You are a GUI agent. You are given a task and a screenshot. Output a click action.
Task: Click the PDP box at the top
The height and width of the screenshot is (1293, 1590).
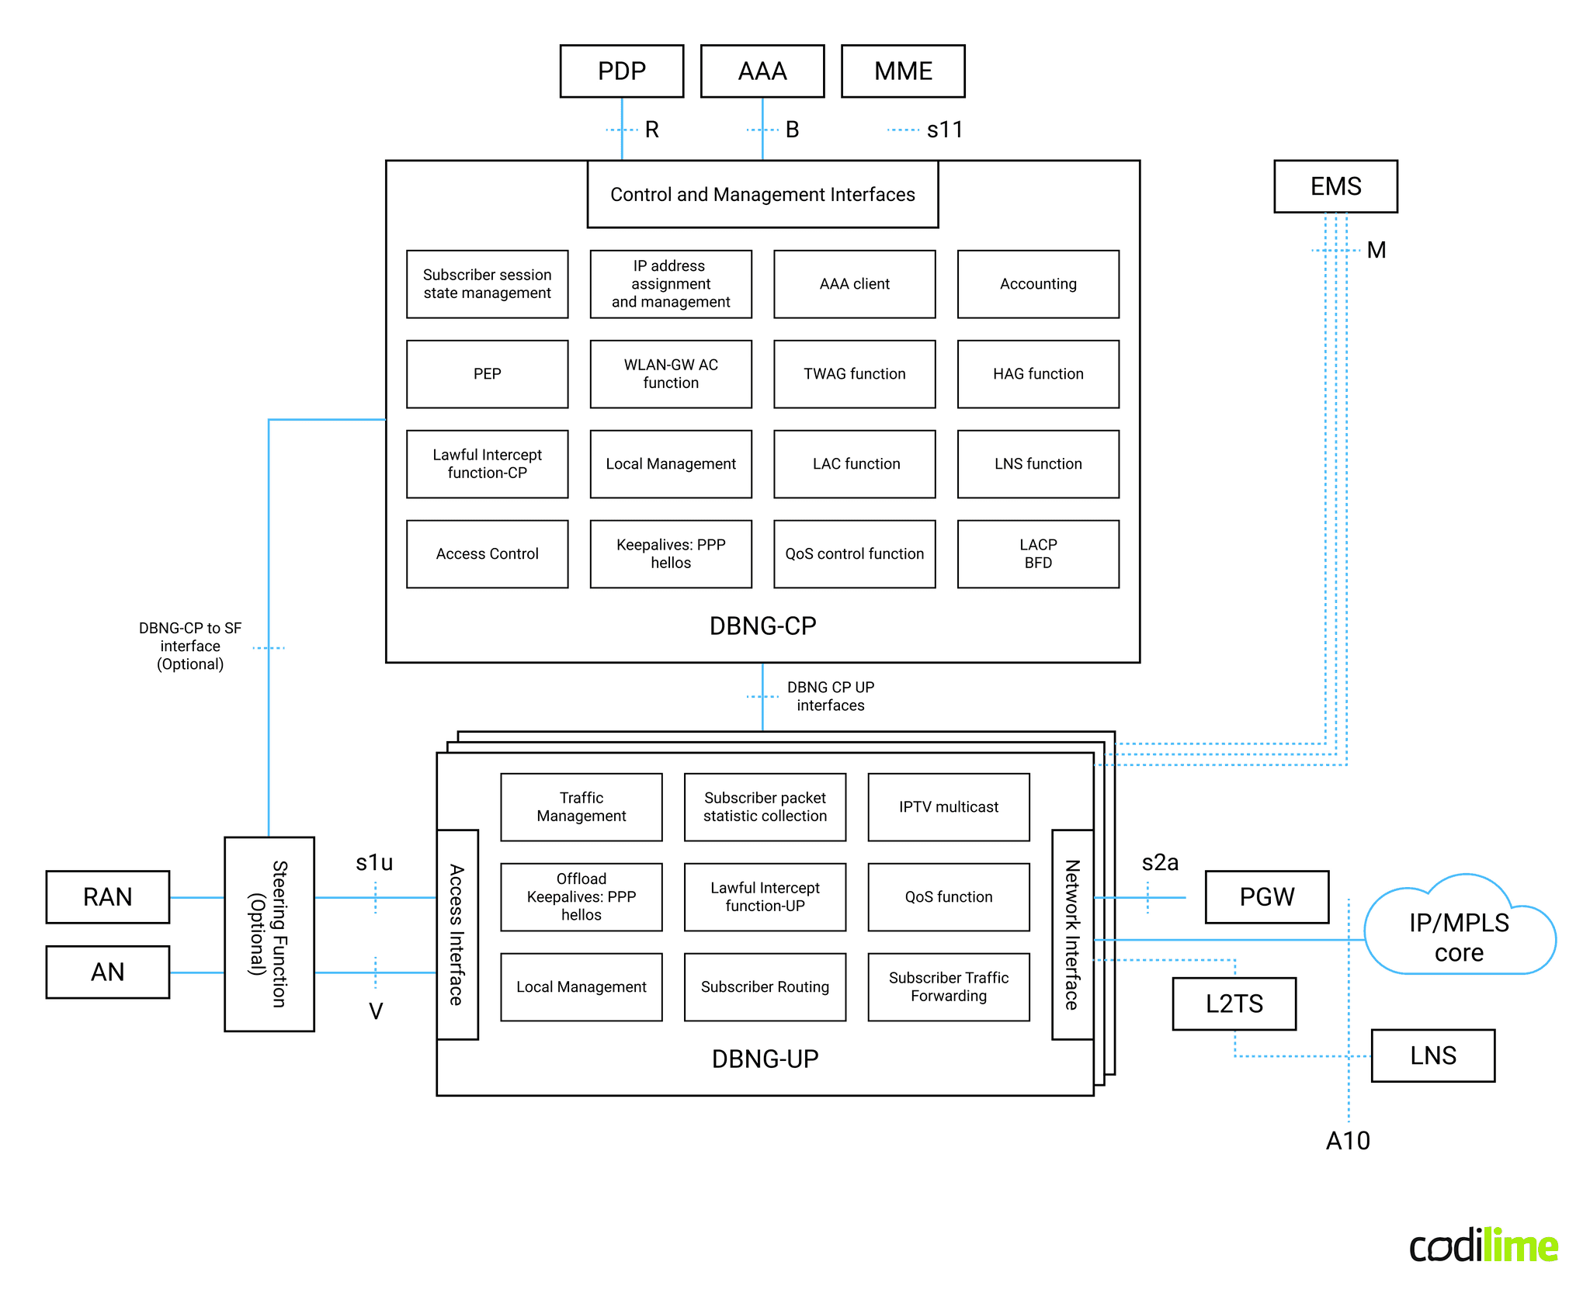pos(621,71)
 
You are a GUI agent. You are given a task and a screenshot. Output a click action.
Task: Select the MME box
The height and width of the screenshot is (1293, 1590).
pos(902,71)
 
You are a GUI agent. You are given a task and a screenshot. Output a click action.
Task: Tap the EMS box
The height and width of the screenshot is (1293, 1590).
pos(1335,186)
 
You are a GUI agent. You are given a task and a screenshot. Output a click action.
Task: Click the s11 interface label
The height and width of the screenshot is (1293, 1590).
pos(944,130)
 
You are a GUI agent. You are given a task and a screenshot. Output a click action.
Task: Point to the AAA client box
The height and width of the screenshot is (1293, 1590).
pos(854,284)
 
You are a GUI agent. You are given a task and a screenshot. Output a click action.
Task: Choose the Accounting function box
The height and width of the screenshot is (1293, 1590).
pos(1038,284)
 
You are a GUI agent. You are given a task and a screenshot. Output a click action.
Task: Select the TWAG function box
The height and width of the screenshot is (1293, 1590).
pos(854,374)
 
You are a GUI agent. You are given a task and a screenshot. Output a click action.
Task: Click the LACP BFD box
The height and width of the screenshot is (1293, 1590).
pos(1038,553)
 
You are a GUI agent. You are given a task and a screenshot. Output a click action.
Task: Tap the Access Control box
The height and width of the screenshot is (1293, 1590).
pos(487,553)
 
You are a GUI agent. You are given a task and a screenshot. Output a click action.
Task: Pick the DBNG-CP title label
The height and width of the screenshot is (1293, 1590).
pos(762,626)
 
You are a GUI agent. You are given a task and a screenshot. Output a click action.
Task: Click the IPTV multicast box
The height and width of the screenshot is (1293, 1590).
pos(948,807)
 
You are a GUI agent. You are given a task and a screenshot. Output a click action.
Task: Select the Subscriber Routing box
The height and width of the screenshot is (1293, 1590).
pos(765,986)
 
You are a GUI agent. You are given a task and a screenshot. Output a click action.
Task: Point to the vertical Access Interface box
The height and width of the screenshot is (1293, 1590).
pos(457,934)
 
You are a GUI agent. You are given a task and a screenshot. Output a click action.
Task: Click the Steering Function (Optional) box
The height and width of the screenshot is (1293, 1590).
pos(269,934)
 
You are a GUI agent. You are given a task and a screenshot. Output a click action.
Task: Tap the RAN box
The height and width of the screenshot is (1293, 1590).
pos(108,897)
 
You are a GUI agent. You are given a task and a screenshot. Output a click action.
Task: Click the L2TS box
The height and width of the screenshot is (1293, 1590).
pos(1234,1004)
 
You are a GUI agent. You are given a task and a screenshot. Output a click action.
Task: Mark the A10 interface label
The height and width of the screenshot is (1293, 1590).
pos(1347,1140)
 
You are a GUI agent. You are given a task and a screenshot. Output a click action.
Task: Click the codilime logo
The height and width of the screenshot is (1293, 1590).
pos(1482,1246)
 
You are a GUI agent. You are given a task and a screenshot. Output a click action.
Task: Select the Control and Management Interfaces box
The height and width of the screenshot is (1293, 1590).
pos(762,194)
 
